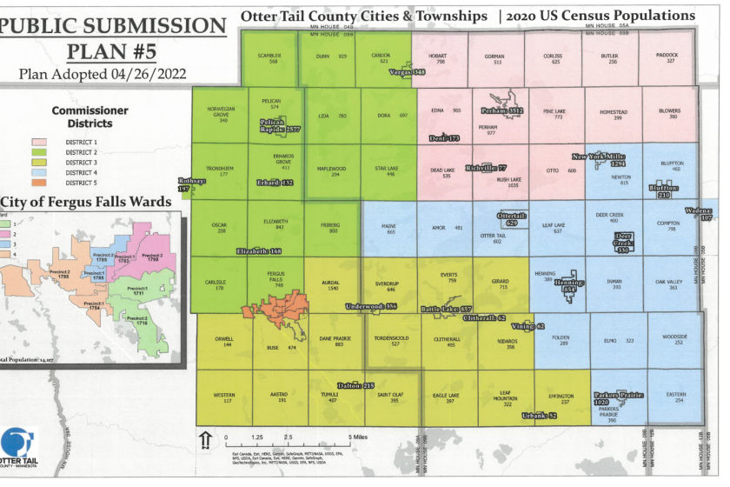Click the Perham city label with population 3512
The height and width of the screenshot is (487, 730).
(501, 112)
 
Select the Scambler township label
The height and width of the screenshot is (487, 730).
(273, 58)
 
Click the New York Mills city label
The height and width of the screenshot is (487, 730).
(599, 159)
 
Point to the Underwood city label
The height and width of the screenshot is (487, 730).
(370, 306)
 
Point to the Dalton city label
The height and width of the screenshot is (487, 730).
(355, 384)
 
